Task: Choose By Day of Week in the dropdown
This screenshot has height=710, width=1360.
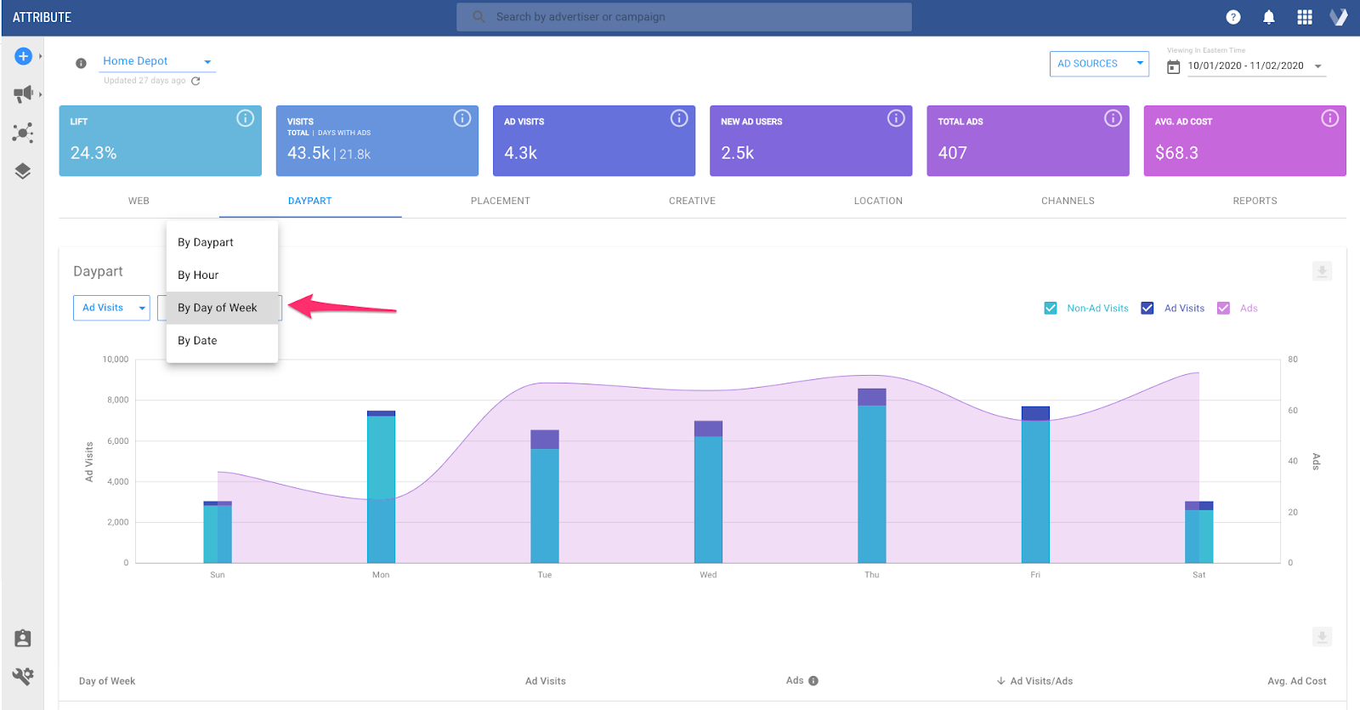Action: click(x=218, y=308)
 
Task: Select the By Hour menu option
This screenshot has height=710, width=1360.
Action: click(x=198, y=275)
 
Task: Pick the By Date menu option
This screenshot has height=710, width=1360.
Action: click(x=197, y=340)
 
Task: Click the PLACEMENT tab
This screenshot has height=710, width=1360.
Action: click(x=500, y=201)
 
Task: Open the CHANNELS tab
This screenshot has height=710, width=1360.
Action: click(x=1068, y=201)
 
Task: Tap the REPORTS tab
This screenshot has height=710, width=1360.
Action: click(x=1255, y=201)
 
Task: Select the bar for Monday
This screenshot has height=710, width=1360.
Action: click(x=381, y=489)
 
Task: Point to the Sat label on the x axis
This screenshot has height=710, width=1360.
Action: click(x=1198, y=575)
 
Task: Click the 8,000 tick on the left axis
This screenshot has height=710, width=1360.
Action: click(x=117, y=400)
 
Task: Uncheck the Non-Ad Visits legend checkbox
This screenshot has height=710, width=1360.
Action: click(x=1051, y=308)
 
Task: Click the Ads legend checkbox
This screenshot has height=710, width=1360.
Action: click(x=1223, y=308)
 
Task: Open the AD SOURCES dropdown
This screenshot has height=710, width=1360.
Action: click(x=1098, y=64)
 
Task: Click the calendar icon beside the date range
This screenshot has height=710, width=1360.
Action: click(x=1173, y=66)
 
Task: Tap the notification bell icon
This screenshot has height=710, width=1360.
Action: click(x=1268, y=17)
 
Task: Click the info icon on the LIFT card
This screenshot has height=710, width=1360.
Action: click(x=245, y=118)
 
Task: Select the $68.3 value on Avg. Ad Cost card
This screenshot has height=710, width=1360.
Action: click(x=1176, y=153)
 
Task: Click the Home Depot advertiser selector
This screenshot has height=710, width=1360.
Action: click(x=156, y=61)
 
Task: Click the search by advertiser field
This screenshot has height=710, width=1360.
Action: click(x=683, y=17)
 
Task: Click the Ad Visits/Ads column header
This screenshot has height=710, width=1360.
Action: click(x=1040, y=681)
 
